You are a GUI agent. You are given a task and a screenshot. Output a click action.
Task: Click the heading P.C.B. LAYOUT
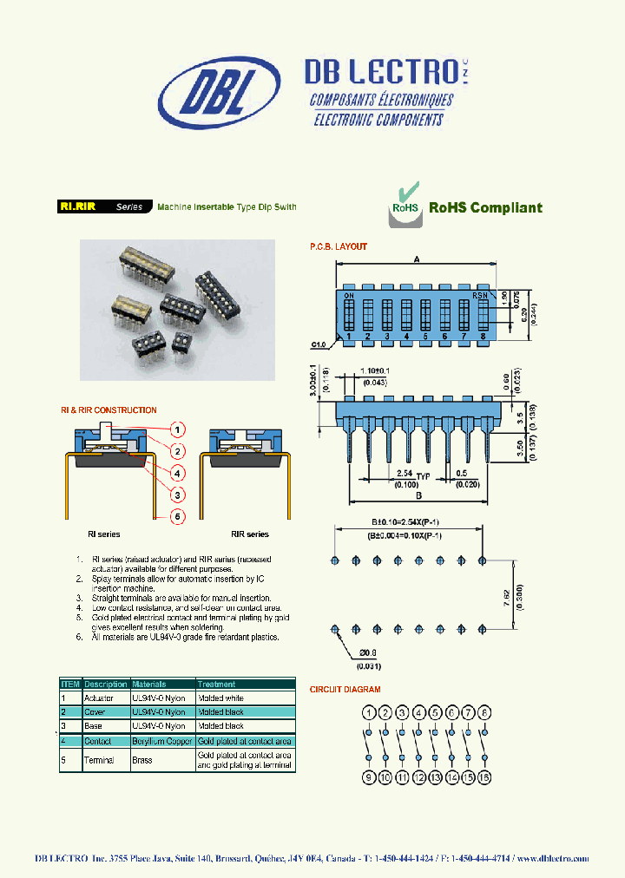pos(339,246)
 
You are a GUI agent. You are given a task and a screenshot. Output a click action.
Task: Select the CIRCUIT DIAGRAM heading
pos(345,690)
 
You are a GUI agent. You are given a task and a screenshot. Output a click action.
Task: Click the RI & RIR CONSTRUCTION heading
pos(109,410)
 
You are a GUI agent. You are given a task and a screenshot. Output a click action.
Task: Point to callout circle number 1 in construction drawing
pos(177,429)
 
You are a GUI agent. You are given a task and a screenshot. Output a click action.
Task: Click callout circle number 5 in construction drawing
pos(177,516)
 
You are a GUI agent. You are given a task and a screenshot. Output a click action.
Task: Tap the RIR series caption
pos(249,534)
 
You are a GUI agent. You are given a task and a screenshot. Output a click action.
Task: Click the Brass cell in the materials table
pos(141,760)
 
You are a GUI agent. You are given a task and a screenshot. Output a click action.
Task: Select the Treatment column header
pos(217,684)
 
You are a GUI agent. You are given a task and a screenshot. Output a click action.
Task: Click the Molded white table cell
pos(221,698)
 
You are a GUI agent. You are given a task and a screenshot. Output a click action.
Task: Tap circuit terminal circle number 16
pos(485,777)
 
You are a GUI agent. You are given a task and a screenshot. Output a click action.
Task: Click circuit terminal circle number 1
pos(369,713)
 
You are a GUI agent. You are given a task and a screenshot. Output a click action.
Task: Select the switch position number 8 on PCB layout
pos(482,336)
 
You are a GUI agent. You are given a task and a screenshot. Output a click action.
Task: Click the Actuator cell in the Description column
pos(98,698)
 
